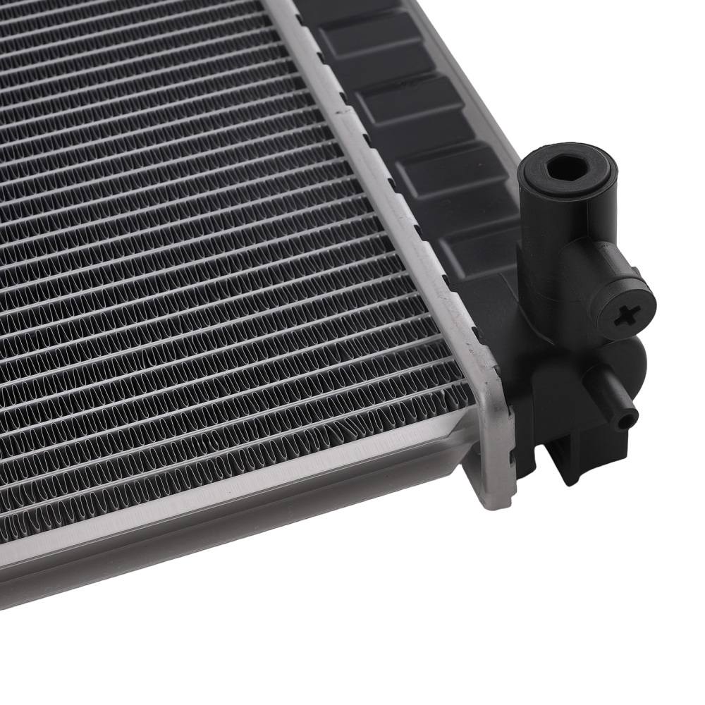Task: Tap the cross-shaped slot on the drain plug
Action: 625,317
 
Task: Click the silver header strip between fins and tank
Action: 395,211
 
